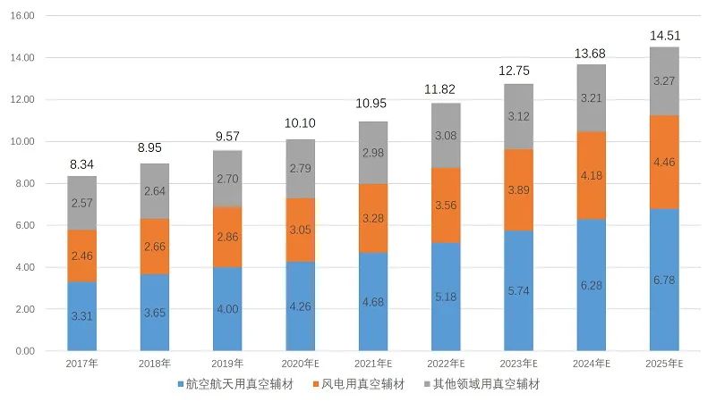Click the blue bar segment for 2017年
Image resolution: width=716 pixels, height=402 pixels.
[82, 316]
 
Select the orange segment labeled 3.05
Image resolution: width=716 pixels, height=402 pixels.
[301, 230]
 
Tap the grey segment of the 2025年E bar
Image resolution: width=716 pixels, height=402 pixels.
[664, 81]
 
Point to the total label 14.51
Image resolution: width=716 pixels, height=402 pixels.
[664, 37]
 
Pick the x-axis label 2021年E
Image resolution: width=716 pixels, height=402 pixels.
[373, 364]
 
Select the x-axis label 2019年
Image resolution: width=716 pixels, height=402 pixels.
[227, 364]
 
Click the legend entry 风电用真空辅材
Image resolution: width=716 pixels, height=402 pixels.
[368, 384]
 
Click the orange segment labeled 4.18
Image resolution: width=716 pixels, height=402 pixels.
[591, 175]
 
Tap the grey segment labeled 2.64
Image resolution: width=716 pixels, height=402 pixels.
[155, 190]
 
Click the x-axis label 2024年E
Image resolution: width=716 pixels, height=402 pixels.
[591, 364]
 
